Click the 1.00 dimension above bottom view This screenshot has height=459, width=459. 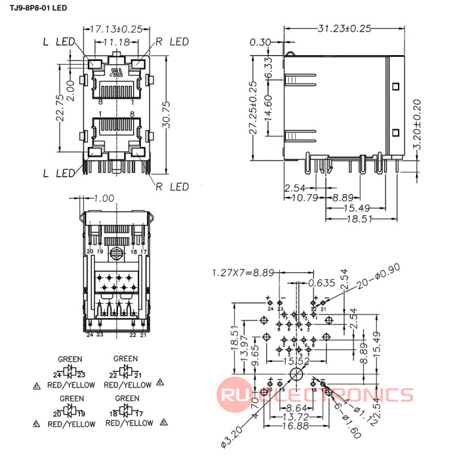click(x=104, y=197)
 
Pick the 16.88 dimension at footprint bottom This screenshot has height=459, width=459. click(x=296, y=426)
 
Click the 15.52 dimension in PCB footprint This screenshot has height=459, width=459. click(x=296, y=361)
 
